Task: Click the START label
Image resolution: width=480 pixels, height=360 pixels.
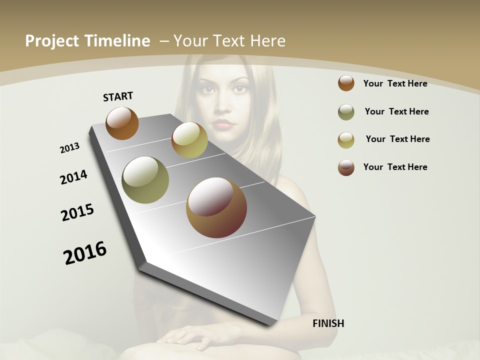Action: coord(118,96)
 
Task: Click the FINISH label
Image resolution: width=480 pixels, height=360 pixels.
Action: coord(328,323)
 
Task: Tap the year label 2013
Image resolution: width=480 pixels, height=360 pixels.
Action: coord(69,148)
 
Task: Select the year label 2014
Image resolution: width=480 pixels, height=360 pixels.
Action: coord(73,177)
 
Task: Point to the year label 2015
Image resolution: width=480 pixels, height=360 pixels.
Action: coord(77,212)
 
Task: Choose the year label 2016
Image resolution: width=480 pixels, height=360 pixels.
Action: coord(85,253)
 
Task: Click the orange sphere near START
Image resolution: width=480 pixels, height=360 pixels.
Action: coord(122,123)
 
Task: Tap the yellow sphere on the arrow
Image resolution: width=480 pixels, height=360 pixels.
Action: coord(189,140)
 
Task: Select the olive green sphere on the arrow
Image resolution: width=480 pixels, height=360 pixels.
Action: coord(145,180)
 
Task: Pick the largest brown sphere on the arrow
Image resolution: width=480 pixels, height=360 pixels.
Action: coord(216,207)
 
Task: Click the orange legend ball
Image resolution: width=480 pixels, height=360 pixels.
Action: coord(346,83)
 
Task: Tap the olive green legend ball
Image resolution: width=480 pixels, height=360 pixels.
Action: coord(346,112)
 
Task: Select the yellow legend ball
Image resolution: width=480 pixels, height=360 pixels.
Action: coord(346,140)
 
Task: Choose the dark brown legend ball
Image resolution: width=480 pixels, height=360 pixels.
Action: coord(346,167)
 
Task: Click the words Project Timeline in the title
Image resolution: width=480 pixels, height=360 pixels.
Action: coord(87,41)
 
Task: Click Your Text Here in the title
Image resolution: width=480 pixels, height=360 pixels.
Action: coord(229,41)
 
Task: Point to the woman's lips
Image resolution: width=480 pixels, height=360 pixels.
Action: coord(223,123)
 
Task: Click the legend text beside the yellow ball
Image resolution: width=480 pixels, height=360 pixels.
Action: coord(397,139)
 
